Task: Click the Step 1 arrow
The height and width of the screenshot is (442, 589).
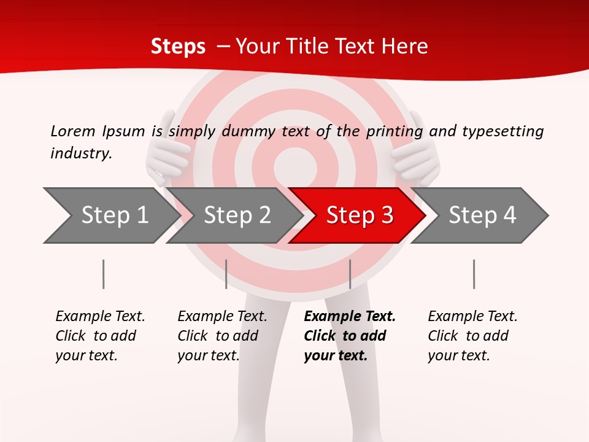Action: (x=110, y=215)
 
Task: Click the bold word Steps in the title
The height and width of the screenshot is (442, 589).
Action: (x=178, y=47)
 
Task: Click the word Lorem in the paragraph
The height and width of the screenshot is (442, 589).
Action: (x=72, y=131)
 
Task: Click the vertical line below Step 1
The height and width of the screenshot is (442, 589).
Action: (x=104, y=274)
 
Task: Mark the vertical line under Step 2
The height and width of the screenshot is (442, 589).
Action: (x=226, y=274)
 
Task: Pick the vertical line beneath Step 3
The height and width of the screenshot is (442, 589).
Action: (x=350, y=274)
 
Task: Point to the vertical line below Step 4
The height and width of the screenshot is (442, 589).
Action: (x=474, y=274)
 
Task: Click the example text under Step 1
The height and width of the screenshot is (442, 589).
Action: (x=100, y=336)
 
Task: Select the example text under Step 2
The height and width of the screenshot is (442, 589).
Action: (x=222, y=336)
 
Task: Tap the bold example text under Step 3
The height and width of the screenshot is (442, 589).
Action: (x=349, y=336)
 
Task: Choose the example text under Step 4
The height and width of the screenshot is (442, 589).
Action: (x=472, y=336)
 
